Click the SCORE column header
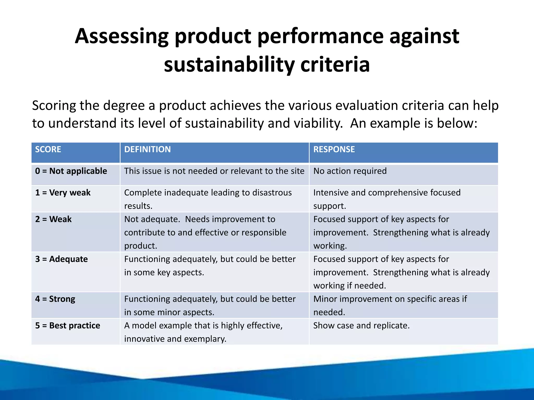coord(48,149)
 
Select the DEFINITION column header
coord(147,149)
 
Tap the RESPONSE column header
coord(334,149)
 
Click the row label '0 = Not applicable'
coord(71,171)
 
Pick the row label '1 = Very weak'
coord(63,193)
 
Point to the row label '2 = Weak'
coord(53,219)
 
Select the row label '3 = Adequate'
coord(62,259)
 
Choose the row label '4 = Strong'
coord(55,299)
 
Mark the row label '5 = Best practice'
coord(68,326)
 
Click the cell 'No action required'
coord(350,171)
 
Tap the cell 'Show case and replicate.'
coord(361,326)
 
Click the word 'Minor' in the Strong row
coord(325,299)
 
